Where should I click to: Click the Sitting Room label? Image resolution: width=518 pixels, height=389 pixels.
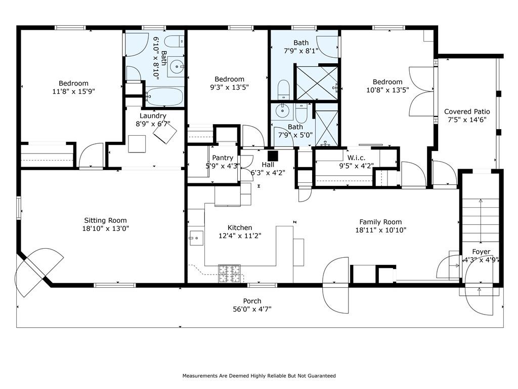(105, 220)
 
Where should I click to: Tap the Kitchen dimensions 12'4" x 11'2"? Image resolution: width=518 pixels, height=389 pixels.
(240, 236)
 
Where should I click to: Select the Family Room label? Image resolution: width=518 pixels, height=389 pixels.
(380, 222)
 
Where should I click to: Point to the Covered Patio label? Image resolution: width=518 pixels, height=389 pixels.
(467, 112)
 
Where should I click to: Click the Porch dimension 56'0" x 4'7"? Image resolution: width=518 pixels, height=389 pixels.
(252, 309)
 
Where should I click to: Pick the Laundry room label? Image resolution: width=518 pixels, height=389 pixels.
(153, 116)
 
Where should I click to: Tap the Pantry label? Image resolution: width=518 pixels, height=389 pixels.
(223, 158)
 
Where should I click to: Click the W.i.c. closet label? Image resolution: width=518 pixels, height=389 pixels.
(356, 158)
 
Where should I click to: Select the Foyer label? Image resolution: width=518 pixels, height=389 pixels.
(481, 252)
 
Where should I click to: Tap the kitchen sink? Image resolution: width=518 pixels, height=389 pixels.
(197, 238)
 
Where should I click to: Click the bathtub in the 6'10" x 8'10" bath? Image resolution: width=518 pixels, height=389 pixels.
(164, 97)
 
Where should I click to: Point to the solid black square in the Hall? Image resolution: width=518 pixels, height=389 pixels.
(273, 156)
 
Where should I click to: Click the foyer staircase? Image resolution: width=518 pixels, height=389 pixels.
(481, 220)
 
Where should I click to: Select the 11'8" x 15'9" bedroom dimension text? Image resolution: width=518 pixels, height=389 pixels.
(74, 91)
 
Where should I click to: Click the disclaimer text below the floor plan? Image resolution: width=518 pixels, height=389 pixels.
(259, 376)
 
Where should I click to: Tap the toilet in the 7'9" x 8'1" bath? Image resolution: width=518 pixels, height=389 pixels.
(284, 90)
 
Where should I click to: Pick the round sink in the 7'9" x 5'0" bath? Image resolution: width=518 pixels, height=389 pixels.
(282, 110)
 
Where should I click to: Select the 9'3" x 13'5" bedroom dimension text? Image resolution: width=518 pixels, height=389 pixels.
(229, 87)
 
